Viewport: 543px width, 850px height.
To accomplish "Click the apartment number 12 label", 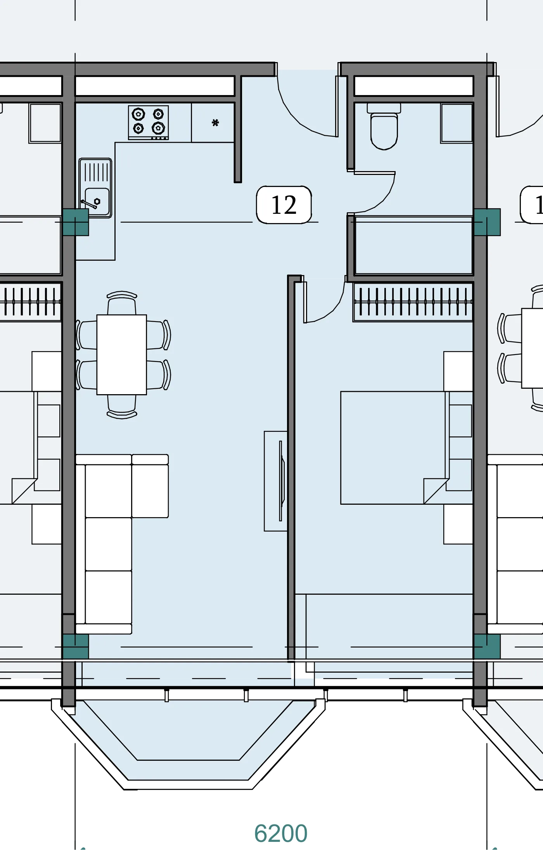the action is coord(284,205).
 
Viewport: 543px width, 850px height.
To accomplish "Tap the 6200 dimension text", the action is coord(281,833).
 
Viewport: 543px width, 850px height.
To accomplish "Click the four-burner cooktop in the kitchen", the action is coord(149,122).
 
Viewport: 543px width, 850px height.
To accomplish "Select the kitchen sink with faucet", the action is coord(95,188).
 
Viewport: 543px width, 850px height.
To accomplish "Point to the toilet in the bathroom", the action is coord(384,126).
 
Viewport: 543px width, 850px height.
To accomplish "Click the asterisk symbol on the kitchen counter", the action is coord(216,123).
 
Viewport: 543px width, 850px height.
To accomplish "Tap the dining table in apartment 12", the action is coord(122,355).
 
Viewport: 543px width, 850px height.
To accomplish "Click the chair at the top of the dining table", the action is coord(122,303).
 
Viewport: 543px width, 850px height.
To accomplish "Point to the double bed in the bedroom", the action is coord(406,448).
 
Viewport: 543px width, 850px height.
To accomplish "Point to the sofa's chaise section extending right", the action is coord(150,486).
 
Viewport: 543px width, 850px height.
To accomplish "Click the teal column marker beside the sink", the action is coord(76,222).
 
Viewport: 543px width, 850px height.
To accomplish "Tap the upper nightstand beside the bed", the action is coord(458,371).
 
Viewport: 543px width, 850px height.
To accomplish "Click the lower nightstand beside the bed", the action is coord(458,524).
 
